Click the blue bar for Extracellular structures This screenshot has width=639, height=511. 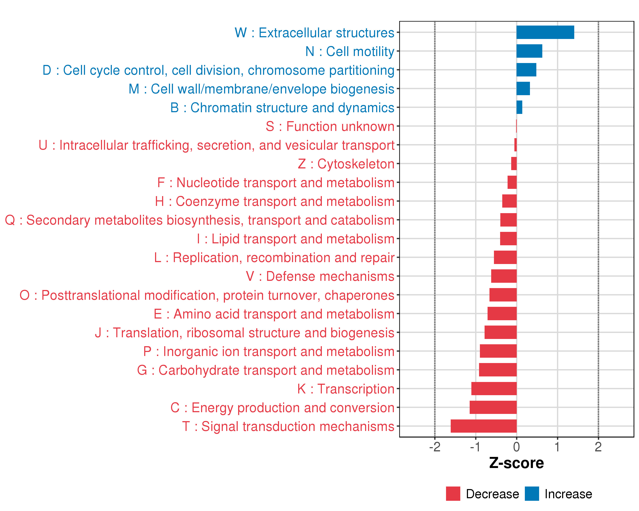pyautogui.click(x=545, y=32)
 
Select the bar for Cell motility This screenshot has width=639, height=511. pyautogui.click(x=529, y=51)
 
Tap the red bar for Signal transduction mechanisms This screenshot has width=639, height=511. pyautogui.click(x=484, y=426)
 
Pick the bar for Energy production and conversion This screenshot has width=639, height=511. pyautogui.click(x=493, y=407)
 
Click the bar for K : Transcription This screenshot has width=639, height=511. pyautogui.click(x=494, y=389)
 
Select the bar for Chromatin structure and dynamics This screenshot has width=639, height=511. pyautogui.click(x=520, y=107)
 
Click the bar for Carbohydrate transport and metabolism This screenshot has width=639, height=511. pyautogui.click(x=498, y=370)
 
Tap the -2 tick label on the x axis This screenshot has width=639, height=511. pyautogui.click(x=435, y=447)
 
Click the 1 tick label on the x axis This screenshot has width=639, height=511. pyautogui.click(x=557, y=447)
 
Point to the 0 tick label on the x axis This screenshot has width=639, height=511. pyautogui.click(x=517, y=447)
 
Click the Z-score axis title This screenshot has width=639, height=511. pyautogui.click(x=517, y=463)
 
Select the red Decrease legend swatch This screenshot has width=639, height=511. pyautogui.click(x=453, y=494)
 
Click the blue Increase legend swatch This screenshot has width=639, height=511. pyautogui.click(x=532, y=494)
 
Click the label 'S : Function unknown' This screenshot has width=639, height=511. pyautogui.click(x=330, y=126)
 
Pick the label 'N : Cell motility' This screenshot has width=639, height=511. pyautogui.click(x=350, y=52)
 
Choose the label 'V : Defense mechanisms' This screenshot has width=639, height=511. pyautogui.click(x=320, y=276)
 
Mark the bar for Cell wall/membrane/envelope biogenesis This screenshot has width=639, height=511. pyautogui.click(x=523, y=89)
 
